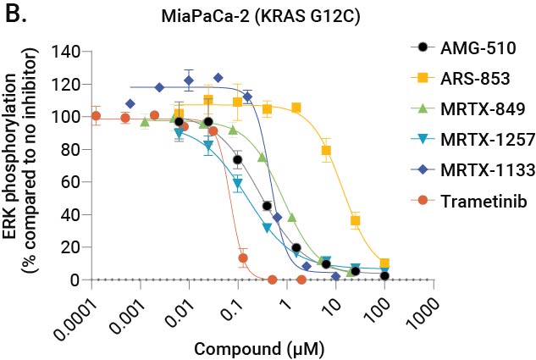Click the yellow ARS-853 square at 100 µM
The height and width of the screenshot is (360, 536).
coord(385,263)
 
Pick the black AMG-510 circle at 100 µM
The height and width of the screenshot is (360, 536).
coord(385,276)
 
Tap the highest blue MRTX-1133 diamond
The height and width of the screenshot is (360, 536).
coord(218,78)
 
